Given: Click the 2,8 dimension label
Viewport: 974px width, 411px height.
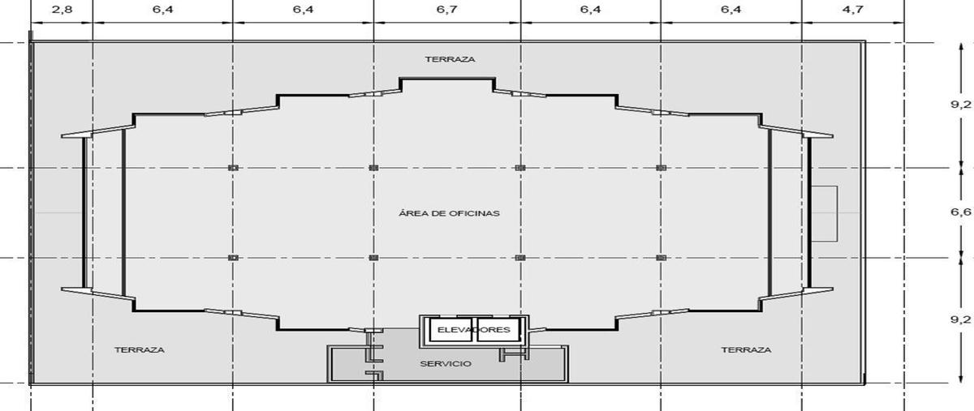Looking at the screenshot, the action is (62, 9).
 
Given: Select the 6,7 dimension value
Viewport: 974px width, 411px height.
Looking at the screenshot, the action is (447, 9).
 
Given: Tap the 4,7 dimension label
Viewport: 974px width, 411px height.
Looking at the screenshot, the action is (853, 9).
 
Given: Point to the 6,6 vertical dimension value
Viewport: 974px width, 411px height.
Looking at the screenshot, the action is (960, 212).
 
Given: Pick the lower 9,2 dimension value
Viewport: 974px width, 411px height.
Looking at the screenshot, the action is (960, 319).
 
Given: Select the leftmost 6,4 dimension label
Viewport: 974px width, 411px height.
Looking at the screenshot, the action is (162, 9).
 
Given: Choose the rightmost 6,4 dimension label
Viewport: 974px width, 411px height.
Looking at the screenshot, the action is (731, 9).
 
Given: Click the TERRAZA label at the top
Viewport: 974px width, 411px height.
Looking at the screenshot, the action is (450, 59).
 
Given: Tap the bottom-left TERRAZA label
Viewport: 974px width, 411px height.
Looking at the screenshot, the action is (140, 349).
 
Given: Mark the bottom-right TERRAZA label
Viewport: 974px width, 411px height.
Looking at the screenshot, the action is (747, 349).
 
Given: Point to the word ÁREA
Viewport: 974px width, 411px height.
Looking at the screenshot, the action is (412, 213).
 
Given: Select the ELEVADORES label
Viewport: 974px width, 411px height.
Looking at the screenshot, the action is (474, 330).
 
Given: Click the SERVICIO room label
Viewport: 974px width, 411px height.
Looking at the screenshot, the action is (446, 364).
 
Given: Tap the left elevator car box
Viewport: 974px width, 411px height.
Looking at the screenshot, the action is (451, 330).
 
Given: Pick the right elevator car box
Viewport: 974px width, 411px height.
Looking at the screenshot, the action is (498, 330).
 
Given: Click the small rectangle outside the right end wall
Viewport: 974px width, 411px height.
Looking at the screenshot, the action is (825, 214).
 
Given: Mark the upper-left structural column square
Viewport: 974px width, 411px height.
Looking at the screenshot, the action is (233, 168).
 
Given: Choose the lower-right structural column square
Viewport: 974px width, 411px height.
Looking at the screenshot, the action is (661, 258).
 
